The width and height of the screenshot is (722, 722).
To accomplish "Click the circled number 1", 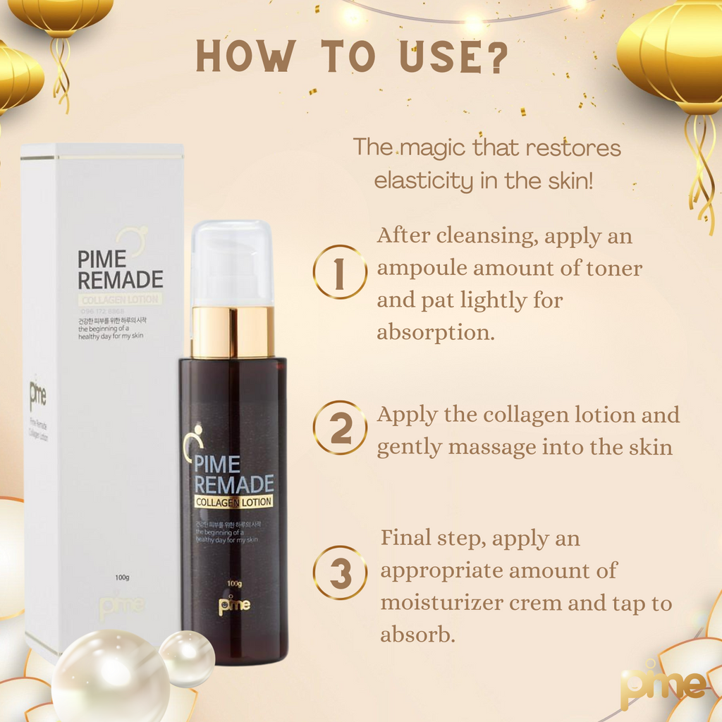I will click(x=340, y=272).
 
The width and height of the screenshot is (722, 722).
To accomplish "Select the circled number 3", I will click(x=341, y=572).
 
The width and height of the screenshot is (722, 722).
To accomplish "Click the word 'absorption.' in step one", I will click(x=435, y=332).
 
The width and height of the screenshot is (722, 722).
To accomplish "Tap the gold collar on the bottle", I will click(x=233, y=331).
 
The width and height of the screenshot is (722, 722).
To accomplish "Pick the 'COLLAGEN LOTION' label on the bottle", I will click(x=233, y=502).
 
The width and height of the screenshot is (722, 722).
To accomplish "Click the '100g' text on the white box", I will click(x=121, y=578).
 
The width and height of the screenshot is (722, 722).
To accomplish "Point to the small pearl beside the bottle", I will click(x=187, y=657).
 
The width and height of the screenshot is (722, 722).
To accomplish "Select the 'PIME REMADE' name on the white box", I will click(x=120, y=269).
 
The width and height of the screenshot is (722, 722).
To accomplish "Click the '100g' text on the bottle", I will click(x=234, y=584).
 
